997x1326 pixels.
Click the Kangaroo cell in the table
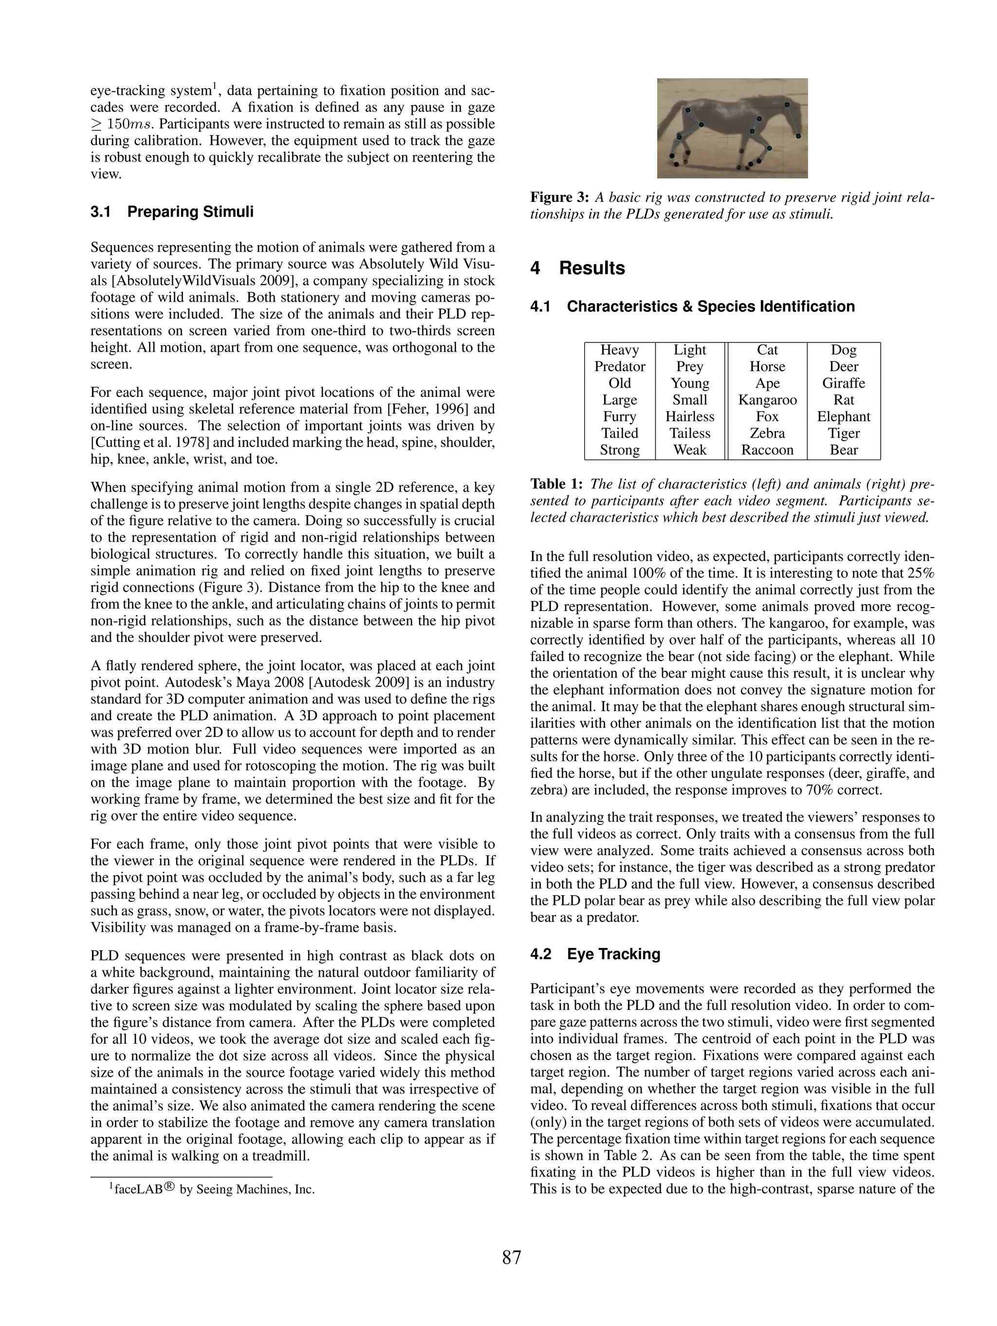(767, 400)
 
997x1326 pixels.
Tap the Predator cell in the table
(619, 366)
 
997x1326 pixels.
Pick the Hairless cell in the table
(689, 416)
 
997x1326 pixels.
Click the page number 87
(511, 1257)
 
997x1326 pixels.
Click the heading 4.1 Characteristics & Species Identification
(692, 306)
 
